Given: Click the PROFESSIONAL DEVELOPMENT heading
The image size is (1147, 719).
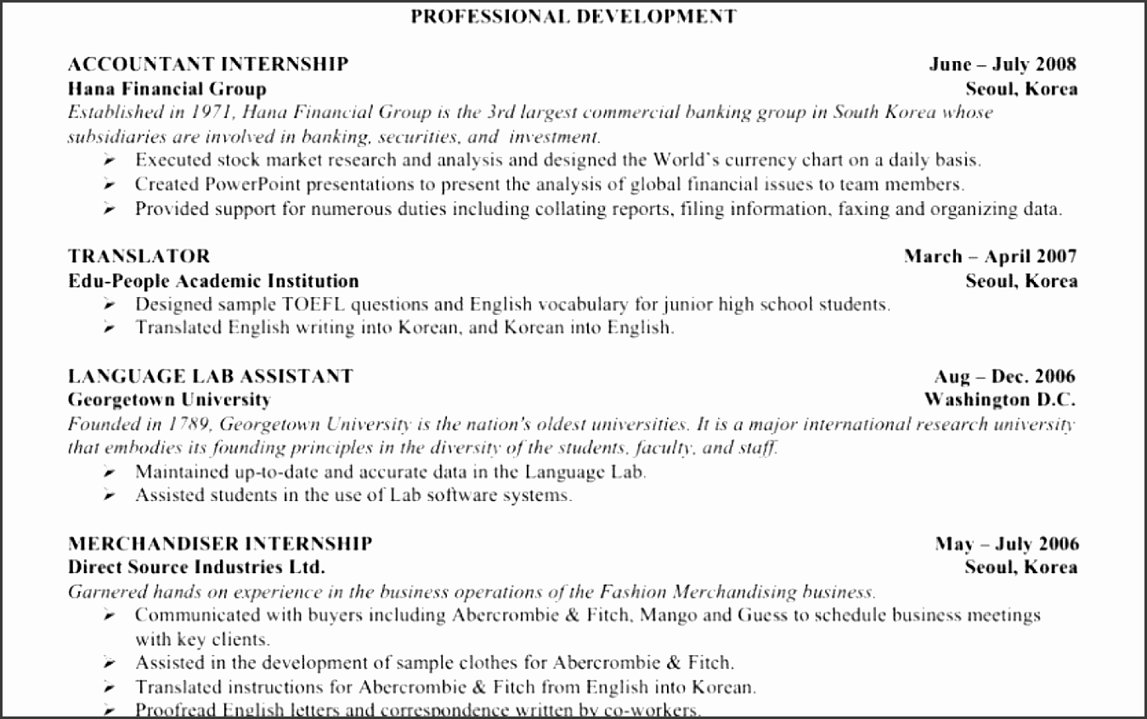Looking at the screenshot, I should pos(573,16).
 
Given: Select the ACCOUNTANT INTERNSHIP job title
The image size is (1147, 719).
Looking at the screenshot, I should pos(208,64).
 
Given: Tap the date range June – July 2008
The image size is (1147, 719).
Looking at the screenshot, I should pos(1003,64).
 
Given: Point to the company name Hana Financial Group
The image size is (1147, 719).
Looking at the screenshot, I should pos(167,88).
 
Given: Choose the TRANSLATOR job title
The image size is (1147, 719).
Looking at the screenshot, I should pos(138,256).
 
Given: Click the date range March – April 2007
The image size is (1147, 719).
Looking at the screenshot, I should pos(990,256).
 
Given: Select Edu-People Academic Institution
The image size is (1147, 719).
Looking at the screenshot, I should pos(213,281).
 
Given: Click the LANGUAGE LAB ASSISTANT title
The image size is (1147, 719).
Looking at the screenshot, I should pos(210,376).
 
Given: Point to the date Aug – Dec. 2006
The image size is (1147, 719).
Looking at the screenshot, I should pos(1004,376).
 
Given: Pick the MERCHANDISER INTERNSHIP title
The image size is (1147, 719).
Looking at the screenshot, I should pos(219,543).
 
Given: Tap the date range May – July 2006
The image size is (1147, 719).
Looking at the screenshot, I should pos(1007,544).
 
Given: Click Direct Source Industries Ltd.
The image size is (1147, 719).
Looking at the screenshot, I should pos(196,567).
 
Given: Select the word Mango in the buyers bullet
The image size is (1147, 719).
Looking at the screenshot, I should pos(664,615).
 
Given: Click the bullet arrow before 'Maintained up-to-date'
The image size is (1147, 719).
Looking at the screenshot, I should pos(110,472).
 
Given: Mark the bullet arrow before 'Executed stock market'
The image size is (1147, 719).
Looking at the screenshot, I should pos(110,160).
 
